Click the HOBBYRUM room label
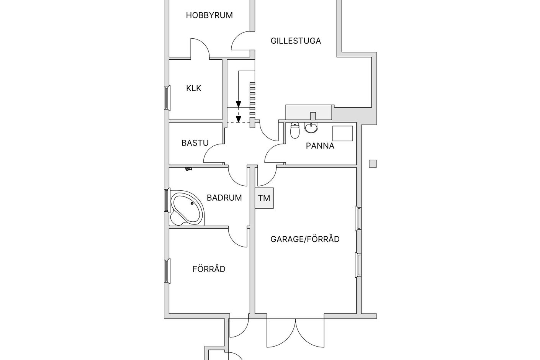[209, 15]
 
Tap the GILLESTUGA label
[296, 41]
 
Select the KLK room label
[193, 88]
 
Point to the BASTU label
[195, 143]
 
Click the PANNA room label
[320, 146]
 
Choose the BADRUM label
[224, 198]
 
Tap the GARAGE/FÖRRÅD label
[305, 239]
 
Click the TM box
[264, 198]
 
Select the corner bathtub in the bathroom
[187, 209]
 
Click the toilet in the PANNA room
[295, 131]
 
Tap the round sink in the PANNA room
[311, 128]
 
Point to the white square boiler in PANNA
[342, 133]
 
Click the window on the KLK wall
[167, 98]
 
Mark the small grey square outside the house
[373, 164]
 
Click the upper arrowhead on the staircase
[239, 104]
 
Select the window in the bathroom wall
[167, 200]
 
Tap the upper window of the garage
[358, 218]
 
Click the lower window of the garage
[358, 265]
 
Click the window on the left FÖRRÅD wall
[167, 271]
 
